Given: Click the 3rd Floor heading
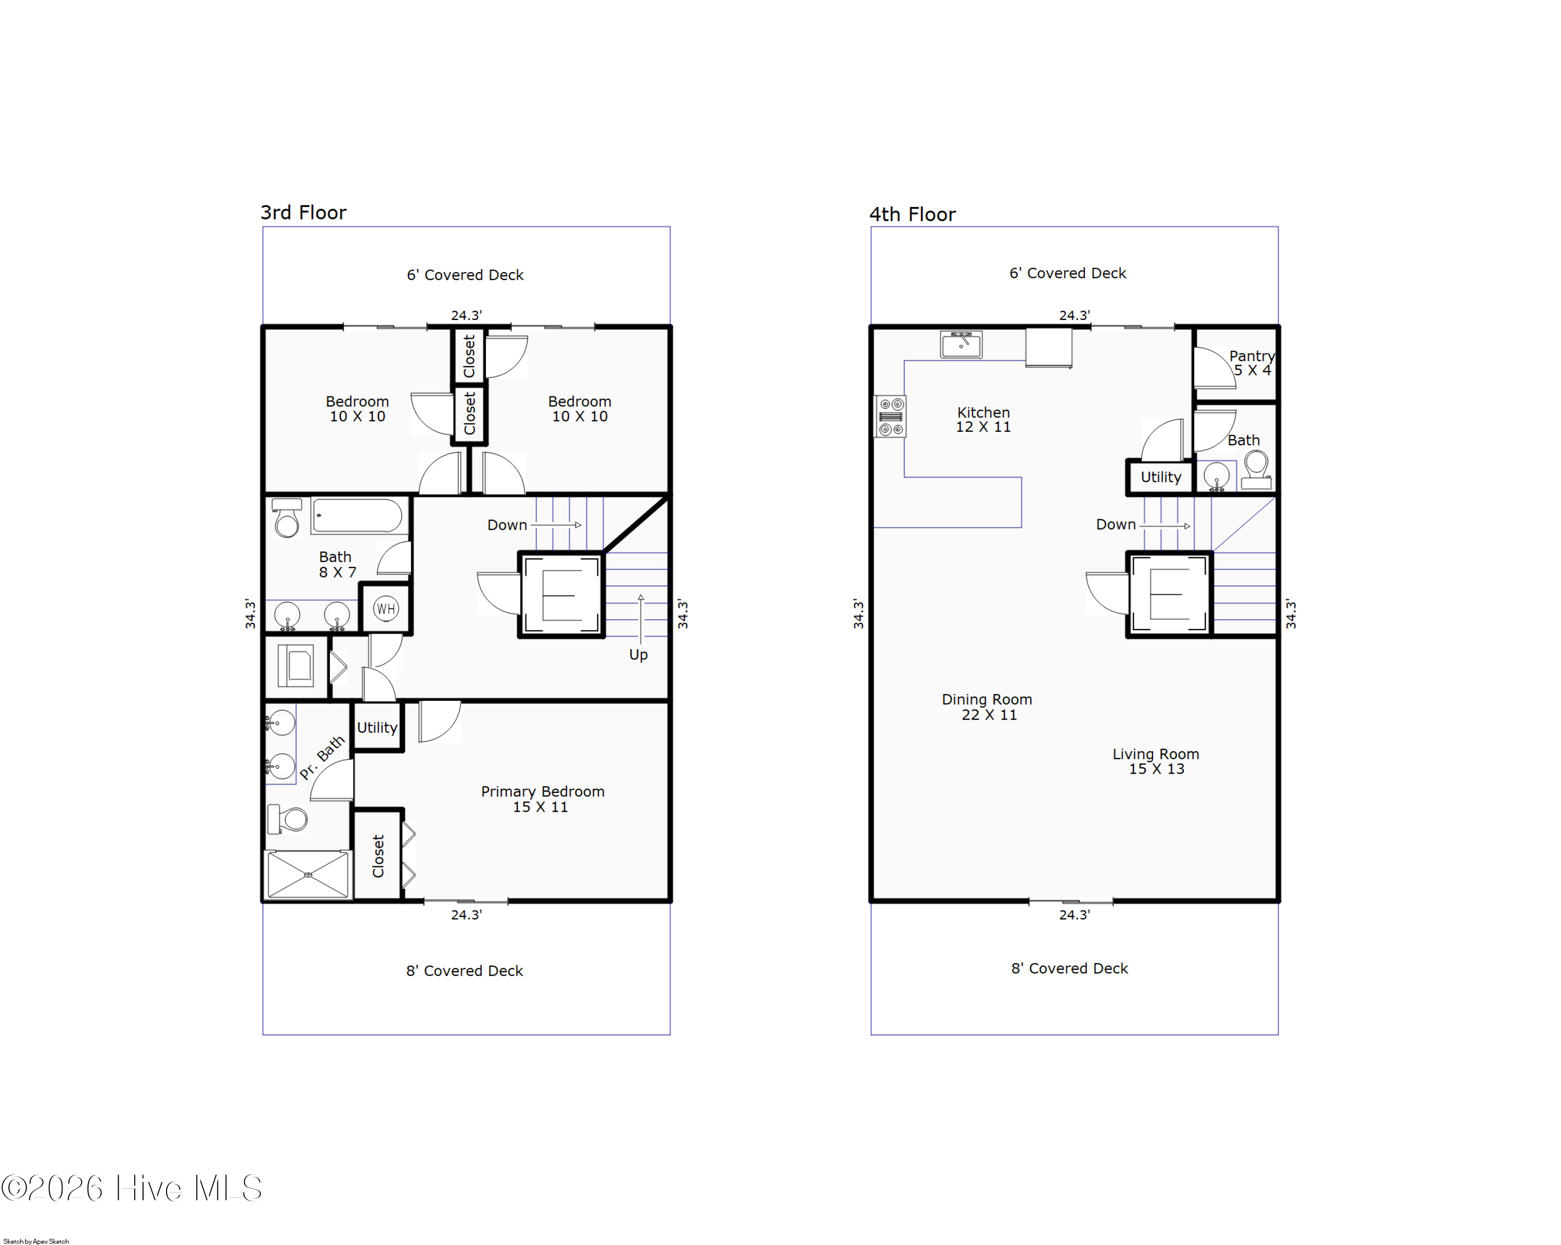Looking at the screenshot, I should click(303, 213).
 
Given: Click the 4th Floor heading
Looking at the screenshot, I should click(912, 215).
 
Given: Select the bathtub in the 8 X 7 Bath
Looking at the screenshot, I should click(357, 516).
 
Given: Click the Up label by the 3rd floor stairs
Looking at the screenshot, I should click(638, 655).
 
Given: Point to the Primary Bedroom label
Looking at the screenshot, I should click(542, 799).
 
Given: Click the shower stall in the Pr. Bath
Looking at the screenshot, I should click(308, 875).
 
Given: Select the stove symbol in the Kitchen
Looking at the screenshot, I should click(891, 417).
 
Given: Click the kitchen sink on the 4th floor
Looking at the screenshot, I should click(961, 344).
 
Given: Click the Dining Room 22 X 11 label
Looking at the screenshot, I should click(987, 707).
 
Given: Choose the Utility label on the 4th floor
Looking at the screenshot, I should click(1161, 478).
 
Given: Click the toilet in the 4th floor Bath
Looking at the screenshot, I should click(1256, 470).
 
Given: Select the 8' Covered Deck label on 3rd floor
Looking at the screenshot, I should click(464, 971).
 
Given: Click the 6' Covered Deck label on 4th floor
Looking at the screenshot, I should click(1067, 274).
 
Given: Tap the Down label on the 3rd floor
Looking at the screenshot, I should click(507, 525).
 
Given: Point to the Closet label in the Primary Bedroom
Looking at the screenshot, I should click(378, 856).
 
